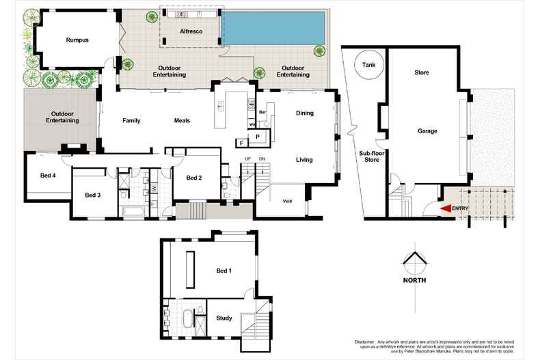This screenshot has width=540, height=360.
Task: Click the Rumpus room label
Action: pyautogui.click(x=77, y=40)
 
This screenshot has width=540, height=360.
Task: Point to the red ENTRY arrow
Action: pyautogui.click(x=445, y=208)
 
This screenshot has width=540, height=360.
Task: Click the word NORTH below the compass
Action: pyautogui.click(x=414, y=281)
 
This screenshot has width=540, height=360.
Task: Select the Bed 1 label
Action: pyautogui.click(x=224, y=271)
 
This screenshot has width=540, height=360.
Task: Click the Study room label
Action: pyautogui.click(x=224, y=318)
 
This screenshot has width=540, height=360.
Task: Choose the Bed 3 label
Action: pyautogui.click(x=93, y=195)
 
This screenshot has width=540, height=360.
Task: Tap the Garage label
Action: pyautogui.click(x=427, y=131)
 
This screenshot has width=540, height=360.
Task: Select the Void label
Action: pyautogui.click(x=287, y=201)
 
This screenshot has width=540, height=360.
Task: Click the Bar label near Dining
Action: pyautogui.click(x=262, y=111)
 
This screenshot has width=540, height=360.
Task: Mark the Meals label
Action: pyautogui.click(x=181, y=121)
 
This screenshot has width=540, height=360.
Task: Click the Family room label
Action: pyautogui.click(x=131, y=121)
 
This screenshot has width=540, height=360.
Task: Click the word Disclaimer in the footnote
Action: pyautogui.click(x=367, y=341)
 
